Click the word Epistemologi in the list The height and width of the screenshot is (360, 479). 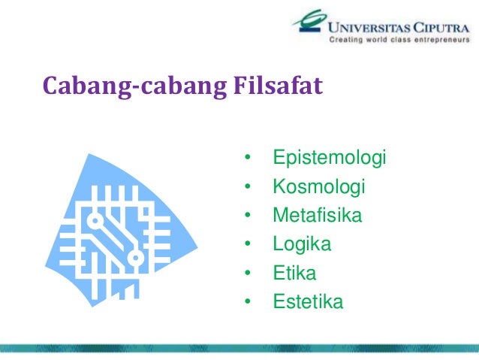[329, 159]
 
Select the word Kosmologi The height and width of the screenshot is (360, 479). [318, 187]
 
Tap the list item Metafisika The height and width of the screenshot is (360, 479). [317, 216]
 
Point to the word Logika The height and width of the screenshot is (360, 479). [302, 245]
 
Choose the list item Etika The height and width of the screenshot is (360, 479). [294, 274]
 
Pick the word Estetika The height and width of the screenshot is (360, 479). [308, 303]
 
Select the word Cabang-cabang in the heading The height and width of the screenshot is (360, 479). [132, 88]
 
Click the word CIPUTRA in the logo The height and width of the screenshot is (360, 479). [437, 26]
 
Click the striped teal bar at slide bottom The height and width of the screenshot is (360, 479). [239, 347]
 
